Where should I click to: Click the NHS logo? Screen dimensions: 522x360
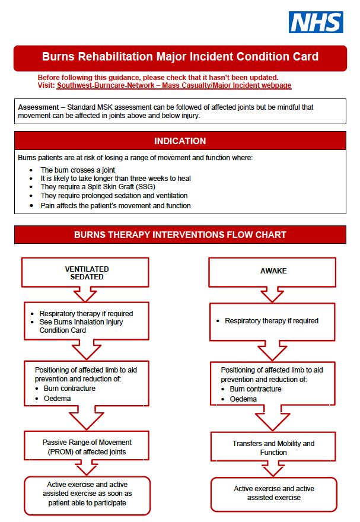pyautogui.click(x=316, y=22)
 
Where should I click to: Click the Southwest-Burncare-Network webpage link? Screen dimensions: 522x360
pyautogui.click(x=174, y=85)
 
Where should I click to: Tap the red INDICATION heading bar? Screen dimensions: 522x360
pyautogui.click(x=180, y=141)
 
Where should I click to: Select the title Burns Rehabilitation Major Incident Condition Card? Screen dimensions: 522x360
pyautogui.click(x=180, y=58)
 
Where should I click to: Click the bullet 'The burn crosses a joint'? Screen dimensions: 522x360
pyautogui.click(x=78, y=170)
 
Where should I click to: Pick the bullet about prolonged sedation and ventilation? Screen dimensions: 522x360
pyautogui.click(x=114, y=195)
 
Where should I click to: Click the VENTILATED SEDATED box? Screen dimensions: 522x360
pyautogui.click(x=87, y=273)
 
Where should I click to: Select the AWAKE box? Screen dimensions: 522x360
pyautogui.click(x=273, y=271)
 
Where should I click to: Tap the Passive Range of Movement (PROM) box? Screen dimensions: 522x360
pyautogui.click(x=87, y=447)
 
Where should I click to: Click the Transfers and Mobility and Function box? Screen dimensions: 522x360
pyautogui.click(x=273, y=448)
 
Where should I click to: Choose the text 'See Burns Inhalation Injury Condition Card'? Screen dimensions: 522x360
pyautogui.click(x=74, y=326)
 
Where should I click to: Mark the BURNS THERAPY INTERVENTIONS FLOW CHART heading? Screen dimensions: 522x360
pyautogui.click(x=180, y=235)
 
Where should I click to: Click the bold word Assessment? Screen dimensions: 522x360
pyautogui.click(x=38, y=107)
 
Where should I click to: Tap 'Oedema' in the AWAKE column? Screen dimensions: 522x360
pyautogui.click(x=243, y=399)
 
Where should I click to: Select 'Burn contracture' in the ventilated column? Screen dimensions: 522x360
pyautogui.click(x=69, y=389)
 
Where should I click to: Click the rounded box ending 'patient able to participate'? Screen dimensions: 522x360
pyautogui.click(x=87, y=494)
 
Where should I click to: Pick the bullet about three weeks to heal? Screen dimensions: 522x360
pyautogui.click(x=116, y=179)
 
